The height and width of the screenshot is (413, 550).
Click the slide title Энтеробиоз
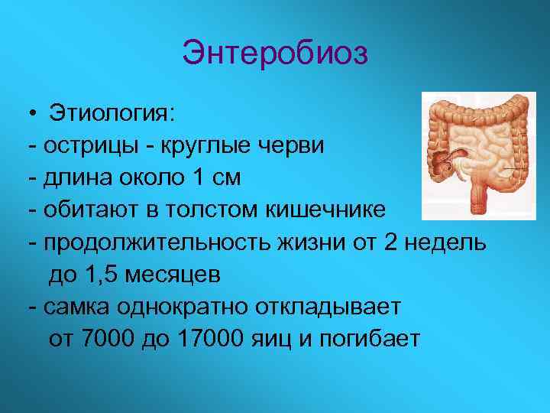[275, 54]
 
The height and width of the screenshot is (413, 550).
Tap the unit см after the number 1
[225, 178]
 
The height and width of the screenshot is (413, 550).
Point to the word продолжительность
[147, 242]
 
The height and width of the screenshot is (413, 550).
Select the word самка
[76, 307]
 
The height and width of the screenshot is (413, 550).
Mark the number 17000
[209, 339]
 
